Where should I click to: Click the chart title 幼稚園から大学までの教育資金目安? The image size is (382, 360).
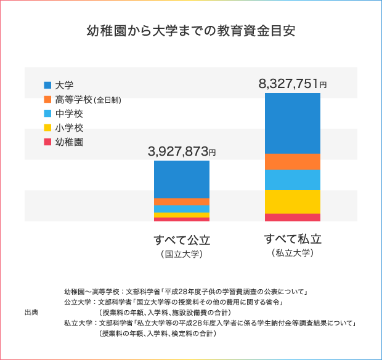click(x=191, y=31)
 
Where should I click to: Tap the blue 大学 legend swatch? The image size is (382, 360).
click(x=47, y=85)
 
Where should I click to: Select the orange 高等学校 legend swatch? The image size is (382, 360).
click(x=47, y=99)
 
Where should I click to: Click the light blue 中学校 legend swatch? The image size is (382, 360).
click(x=47, y=113)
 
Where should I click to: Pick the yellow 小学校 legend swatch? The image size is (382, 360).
click(x=47, y=128)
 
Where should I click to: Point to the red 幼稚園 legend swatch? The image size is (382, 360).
click(x=47, y=142)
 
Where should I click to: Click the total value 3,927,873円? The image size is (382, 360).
click(x=182, y=151)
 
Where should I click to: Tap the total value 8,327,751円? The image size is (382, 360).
click(x=293, y=84)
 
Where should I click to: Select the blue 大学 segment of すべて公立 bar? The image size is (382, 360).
click(x=182, y=179)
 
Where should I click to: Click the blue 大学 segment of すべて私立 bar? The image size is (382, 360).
click(x=293, y=123)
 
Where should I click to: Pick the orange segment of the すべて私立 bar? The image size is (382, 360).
click(x=293, y=161)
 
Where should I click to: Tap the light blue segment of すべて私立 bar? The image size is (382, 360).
click(x=293, y=180)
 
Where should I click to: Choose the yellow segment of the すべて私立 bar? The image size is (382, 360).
click(x=293, y=202)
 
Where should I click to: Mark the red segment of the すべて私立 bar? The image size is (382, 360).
click(x=293, y=217)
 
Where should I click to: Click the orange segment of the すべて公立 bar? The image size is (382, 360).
click(x=182, y=202)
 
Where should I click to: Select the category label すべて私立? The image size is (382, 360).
click(x=293, y=239)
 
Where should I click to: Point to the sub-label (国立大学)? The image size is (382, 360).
click(x=182, y=254)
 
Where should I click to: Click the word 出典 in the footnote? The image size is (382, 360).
click(x=31, y=313)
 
